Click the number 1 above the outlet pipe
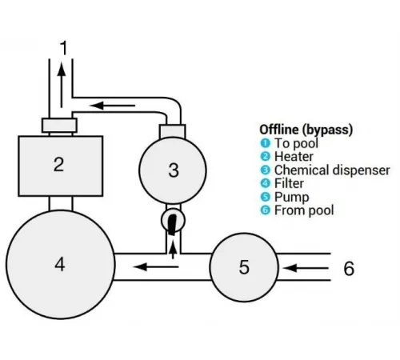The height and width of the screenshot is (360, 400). pyautogui.click(x=64, y=47)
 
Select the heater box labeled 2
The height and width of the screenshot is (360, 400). pyautogui.click(x=61, y=166)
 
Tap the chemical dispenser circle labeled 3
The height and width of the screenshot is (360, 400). pyautogui.click(x=173, y=170)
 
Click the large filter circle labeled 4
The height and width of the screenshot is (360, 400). pyautogui.click(x=61, y=265)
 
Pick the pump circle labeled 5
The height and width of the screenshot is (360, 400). pyautogui.click(x=244, y=267)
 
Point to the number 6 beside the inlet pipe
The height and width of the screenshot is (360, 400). pyautogui.click(x=349, y=268)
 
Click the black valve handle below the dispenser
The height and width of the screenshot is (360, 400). pyautogui.click(x=172, y=225)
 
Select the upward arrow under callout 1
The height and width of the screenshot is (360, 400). pyautogui.click(x=62, y=85)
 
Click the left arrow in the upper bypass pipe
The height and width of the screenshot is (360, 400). pyautogui.click(x=113, y=106)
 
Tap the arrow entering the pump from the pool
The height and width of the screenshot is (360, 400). pyautogui.click(x=306, y=268)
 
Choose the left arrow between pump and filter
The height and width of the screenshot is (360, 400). pyautogui.click(x=156, y=266)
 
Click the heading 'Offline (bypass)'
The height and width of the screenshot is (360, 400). pyautogui.click(x=306, y=130)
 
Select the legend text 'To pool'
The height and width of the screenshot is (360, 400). pyautogui.click(x=296, y=143)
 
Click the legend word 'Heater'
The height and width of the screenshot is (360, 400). pyautogui.click(x=294, y=157)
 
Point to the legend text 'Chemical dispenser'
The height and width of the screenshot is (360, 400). pyautogui.click(x=332, y=170)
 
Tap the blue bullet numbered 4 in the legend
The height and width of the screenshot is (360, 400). pyautogui.click(x=265, y=183)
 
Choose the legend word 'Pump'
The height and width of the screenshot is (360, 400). pyautogui.click(x=292, y=198)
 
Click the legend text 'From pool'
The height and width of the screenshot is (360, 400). pyautogui.click(x=304, y=210)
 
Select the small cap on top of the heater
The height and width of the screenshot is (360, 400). pyautogui.click(x=59, y=126)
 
